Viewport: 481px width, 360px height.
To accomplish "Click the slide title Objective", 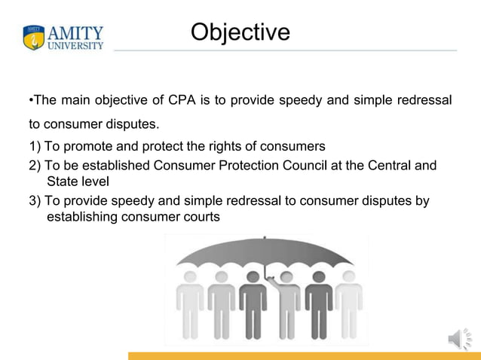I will [x=240, y=32].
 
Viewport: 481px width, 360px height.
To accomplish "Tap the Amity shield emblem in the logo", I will [x=34, y=38].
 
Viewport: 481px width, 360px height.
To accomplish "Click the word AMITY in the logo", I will [x=75, y=33].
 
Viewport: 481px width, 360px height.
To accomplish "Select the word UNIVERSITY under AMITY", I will [x=75, y=46].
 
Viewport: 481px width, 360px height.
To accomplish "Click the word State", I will [x=63, y=182].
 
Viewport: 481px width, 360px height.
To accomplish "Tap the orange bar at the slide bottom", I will [x=302, y=355].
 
